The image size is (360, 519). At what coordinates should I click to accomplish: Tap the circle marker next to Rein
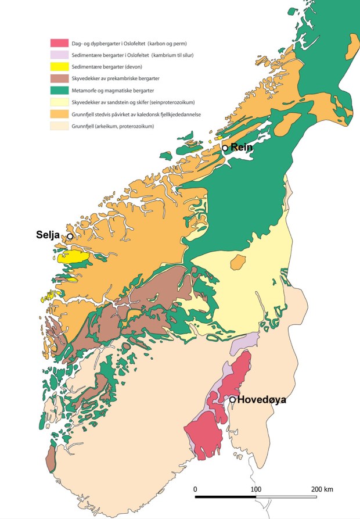[x=225, y=148]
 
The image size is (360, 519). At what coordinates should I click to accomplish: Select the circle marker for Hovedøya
[x=232, y=400]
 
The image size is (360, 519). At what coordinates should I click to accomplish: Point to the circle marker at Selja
[x=70, y=237]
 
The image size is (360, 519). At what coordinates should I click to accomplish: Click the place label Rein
[x=242, y=147]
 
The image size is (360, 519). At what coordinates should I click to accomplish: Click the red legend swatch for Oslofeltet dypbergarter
[x=60, y=42]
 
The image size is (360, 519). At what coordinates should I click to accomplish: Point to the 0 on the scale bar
[x=196, y=489]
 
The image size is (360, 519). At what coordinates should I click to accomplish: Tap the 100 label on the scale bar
[x=256, y=489]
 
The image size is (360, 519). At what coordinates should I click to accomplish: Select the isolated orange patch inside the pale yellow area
[x=237, y=264]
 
